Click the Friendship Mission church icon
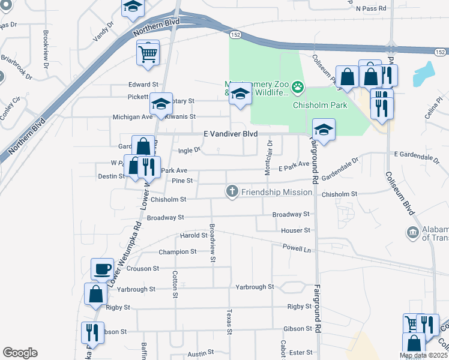[x=232, y=191]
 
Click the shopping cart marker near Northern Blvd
[x=148, y=54]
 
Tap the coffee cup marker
[x=102, y=268]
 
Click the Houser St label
[x=295, y=230]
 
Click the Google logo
[x=20, y=353]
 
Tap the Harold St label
[x=193, y=235]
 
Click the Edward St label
[x=142, y=85]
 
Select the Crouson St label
[x=143, y=269]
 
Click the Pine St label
[x=182, y=180]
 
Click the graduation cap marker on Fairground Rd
[x=324, y=130]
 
